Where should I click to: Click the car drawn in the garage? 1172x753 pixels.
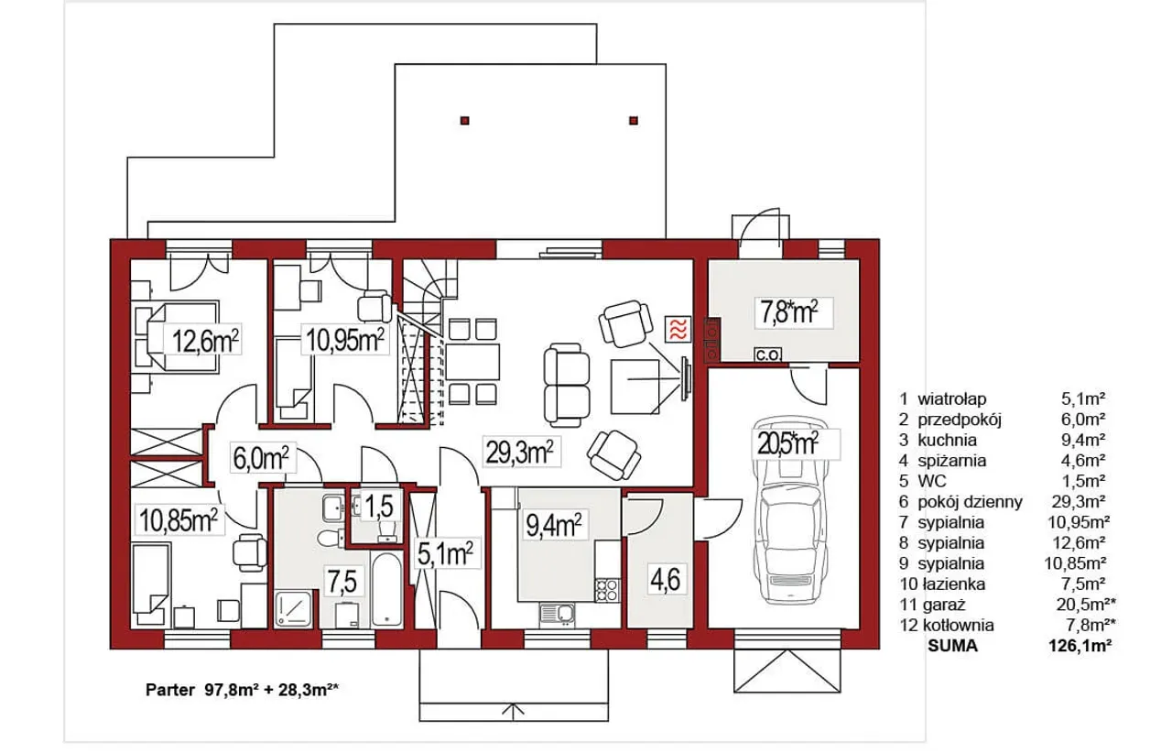coord(789,510)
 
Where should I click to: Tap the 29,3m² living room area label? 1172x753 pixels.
coord(519,452)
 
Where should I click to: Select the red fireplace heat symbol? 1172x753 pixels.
coord(678,330)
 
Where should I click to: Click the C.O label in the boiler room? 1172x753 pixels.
coord(767,355)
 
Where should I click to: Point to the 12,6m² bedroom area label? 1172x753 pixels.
coord(205,341)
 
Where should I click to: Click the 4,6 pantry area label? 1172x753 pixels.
coord(665,579)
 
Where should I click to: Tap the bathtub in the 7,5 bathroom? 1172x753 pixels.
coord(386,587)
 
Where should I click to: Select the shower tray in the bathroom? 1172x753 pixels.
coord(293,609)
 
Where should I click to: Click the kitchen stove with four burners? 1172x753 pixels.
coord(607,590)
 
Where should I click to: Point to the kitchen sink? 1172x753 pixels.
coord(558,615)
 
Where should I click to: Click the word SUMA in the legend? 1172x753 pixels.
coord(952,646)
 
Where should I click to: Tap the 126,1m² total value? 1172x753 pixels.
coord(1080,646)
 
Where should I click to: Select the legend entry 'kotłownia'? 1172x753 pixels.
coord(958,626)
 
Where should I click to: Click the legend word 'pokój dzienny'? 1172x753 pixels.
coord(970,502)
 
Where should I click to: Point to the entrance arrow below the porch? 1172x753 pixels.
coord(514,712)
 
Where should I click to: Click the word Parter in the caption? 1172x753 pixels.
coord(170,690)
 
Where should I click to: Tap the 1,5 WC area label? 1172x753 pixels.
coord(379,507)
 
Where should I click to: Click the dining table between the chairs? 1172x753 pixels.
coord(472,362)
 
